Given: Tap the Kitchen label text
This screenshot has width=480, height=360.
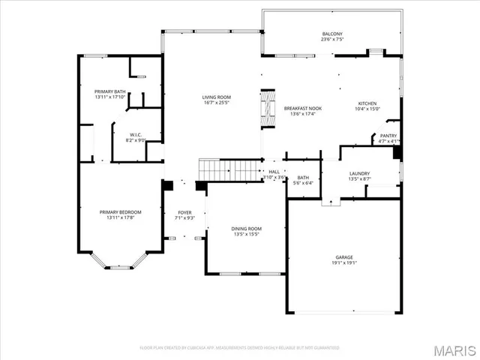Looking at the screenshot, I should (367, 103).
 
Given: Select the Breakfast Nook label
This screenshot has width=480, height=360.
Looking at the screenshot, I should (298, 109).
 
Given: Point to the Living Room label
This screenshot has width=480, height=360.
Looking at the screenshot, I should (216, 97).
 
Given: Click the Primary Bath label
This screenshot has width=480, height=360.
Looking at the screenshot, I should (109, 92).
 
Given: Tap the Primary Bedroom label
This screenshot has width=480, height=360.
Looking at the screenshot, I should (120, 212).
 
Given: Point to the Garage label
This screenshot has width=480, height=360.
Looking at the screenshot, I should (345, 257).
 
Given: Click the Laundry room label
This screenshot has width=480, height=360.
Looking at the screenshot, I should (359, 174).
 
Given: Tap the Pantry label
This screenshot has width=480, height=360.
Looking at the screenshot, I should (388, 136).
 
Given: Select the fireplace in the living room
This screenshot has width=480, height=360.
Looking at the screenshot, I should (267, 110).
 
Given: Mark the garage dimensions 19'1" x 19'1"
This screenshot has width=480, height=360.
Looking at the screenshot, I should (345, 263).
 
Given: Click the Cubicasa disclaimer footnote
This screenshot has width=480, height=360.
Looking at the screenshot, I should (240, 348).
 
